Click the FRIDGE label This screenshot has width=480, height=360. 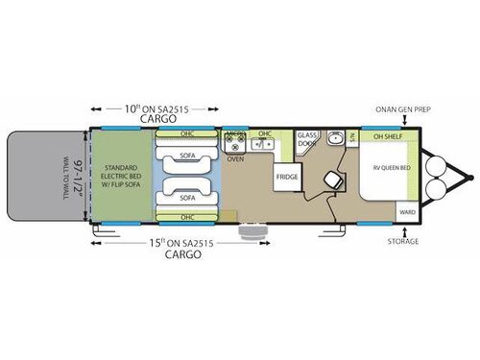[x=286, y=177]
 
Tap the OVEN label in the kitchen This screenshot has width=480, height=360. [x=234, y=159]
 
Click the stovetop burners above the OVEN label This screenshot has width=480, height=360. [x=235, y=146]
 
